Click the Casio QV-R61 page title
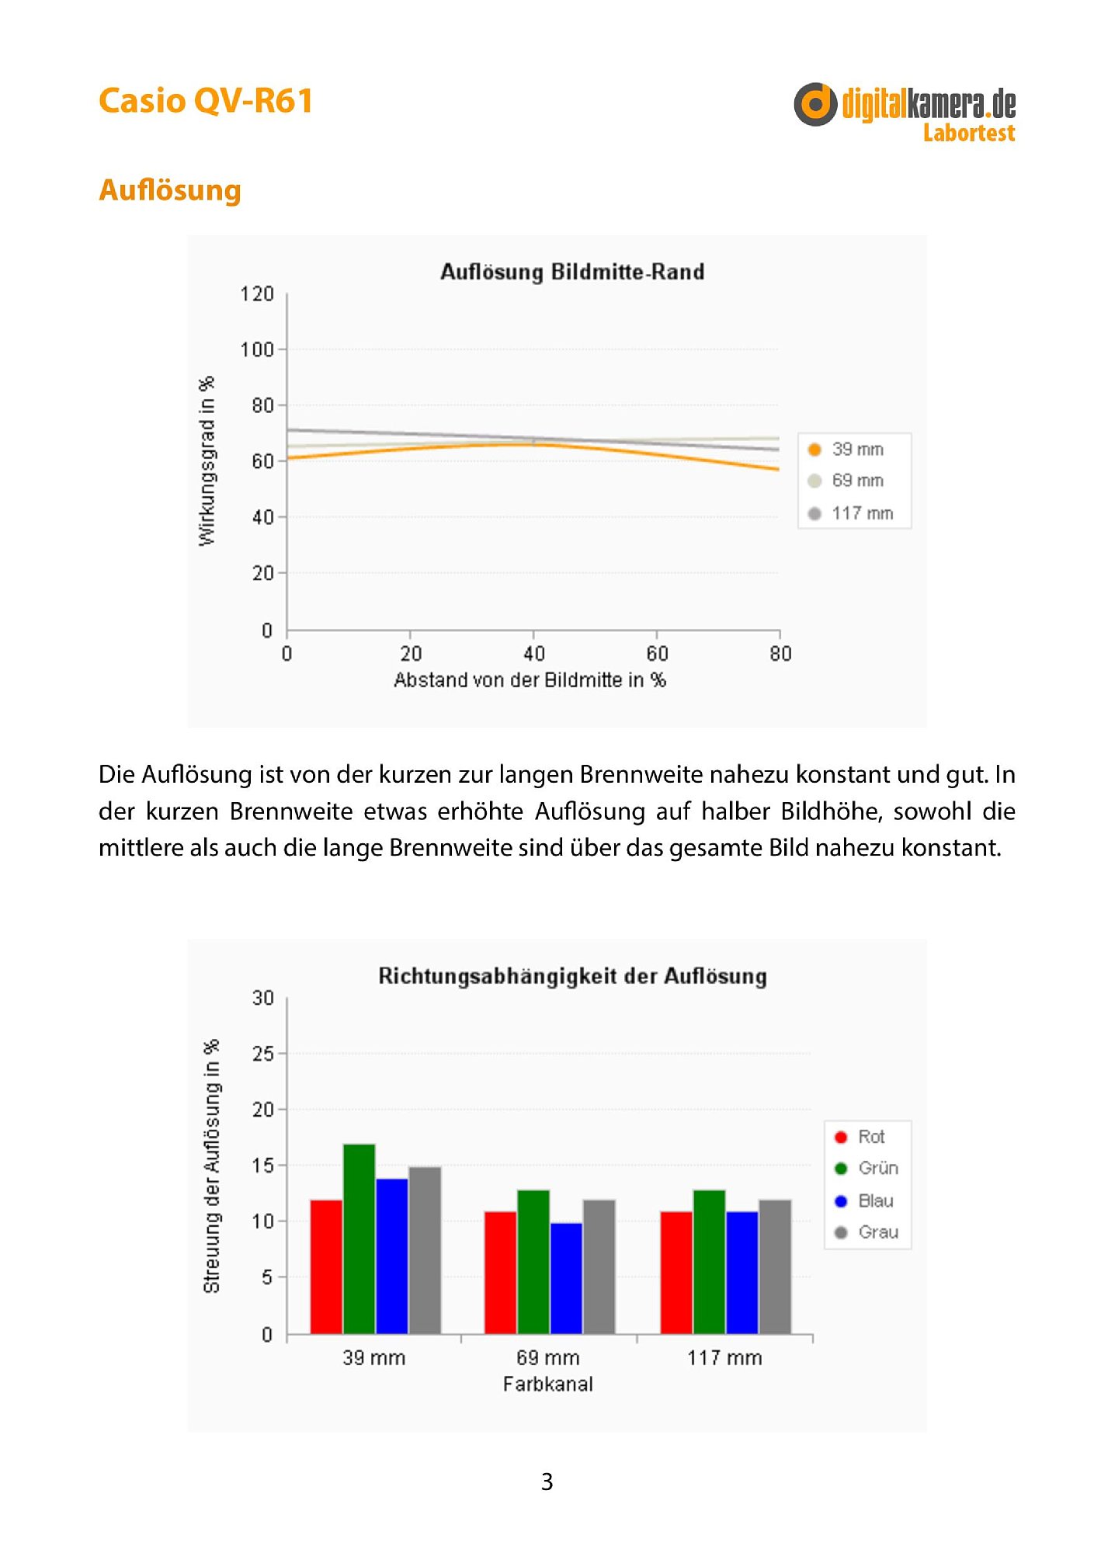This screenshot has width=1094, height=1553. tap(206, 101)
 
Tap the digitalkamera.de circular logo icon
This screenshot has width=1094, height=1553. tap(815, 104)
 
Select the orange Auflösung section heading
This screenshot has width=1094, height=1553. tap(170, 190)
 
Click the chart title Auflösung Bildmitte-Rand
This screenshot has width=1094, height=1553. tap(572, 272)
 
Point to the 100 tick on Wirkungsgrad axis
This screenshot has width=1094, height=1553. tap(257, 349)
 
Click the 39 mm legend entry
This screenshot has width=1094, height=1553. tap(846, 449)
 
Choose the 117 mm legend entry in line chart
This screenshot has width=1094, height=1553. tap(851, 513)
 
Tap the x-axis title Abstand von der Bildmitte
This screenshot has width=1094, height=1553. tap(530, 680)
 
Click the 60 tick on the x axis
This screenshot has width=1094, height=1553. tap(657, 654)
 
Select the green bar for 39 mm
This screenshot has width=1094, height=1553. tap(359, 1239)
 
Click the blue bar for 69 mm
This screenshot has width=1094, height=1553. tap(566, 1278)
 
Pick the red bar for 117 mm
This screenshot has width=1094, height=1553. tap(676, 1273)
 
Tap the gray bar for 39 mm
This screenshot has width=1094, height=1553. tap(425, 1250)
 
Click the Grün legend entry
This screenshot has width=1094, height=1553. tap(867, 1168)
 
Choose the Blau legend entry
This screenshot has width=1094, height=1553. tap(864, 1200)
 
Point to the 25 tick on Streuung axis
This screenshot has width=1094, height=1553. tap(263, 1054)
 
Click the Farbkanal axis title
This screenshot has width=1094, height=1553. tap(548, 1384)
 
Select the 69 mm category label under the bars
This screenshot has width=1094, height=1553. tap(548, 1357)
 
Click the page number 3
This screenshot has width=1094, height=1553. tap(547, 1482)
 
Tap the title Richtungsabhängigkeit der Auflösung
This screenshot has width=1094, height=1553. tap(572, 977)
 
